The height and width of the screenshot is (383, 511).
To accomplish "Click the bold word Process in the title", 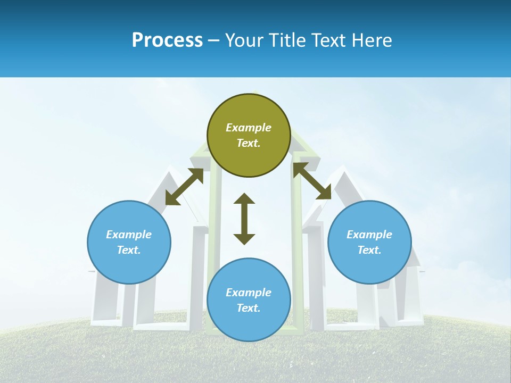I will [x=167, y=40].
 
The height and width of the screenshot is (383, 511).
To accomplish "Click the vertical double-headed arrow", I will [x=244, y=219].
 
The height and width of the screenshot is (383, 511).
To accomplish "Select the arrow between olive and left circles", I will [x=184, y=187].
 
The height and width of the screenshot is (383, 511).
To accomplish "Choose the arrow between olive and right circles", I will [x=312, y=181].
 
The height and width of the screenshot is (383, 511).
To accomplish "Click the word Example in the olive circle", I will [x=249, y=128].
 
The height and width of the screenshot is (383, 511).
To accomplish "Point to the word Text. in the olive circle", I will [x=249, y=143].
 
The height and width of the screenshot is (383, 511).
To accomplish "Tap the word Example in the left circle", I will [x=129, y=235].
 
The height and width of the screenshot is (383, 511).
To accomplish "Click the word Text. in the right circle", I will [x=369, y=250].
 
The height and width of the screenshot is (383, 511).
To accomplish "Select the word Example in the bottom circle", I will [x=249, y=293].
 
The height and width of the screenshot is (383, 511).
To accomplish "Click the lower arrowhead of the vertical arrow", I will [x=244, y=239].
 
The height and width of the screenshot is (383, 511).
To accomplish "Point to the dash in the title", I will [x=214, y=40].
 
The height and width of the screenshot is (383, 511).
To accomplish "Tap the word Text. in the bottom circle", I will [x=249, y=308].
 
